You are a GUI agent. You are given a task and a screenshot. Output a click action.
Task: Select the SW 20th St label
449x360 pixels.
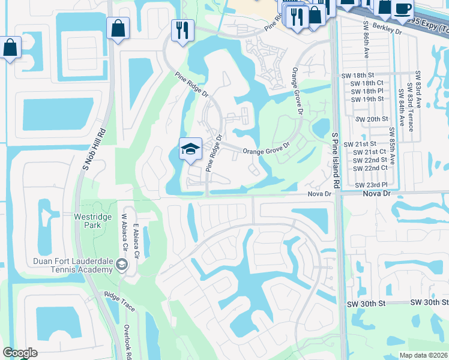pos(372,119)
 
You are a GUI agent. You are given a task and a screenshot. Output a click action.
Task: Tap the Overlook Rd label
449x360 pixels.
pos(128,342)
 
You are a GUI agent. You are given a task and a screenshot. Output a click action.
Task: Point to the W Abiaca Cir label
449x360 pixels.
pos(125,233)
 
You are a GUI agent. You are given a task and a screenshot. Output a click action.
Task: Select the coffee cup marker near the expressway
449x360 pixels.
pos(402,8)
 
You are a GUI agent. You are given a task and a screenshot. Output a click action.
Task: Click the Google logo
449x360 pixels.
pos(20,353)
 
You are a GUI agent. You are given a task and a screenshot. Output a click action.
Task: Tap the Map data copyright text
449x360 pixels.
pos(423,355)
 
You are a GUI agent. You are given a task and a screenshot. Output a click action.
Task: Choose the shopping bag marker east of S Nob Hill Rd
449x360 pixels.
pos(118,28)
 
